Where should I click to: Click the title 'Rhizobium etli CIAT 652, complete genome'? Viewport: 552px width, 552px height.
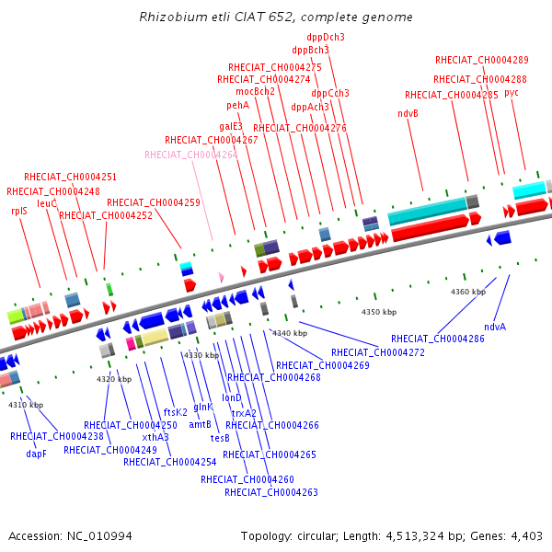coord(276,17)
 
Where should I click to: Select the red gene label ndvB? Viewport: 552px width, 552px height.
coord(408,113)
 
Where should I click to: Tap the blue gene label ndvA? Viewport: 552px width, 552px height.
coord(495,327)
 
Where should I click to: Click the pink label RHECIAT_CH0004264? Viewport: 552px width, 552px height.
coord(190,155)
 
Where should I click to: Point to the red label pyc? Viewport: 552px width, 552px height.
coord(512,92)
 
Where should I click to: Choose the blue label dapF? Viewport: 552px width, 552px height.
coord(36,454)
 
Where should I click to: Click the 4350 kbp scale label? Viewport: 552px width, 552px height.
coord(379,313)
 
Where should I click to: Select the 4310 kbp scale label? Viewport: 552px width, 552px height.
coord(26,405)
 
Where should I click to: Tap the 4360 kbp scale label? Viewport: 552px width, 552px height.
coord(468,292)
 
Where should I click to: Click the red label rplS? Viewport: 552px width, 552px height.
coord(18,211)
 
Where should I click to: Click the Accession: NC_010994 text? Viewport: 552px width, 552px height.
coord(70,535)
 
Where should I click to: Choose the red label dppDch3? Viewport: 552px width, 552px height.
coord(326,37)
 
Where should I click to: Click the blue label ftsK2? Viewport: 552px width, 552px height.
coord(176,411)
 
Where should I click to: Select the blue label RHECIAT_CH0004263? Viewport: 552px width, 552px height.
coord(271,492)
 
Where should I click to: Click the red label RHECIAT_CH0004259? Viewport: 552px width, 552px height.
coord(153,202)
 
